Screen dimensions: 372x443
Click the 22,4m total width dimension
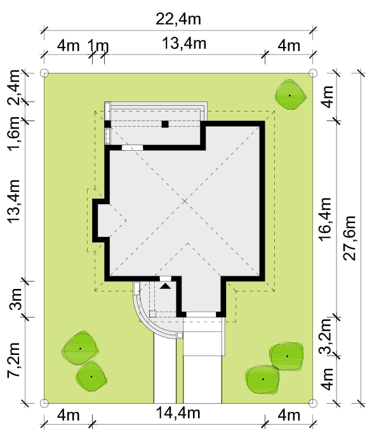178,19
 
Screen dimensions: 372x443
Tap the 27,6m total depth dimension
349,238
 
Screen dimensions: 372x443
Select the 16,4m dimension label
325,219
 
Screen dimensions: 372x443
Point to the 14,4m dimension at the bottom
178,413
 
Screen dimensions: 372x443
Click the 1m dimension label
98,45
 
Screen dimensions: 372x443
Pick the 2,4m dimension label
13,87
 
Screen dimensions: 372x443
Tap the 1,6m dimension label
13,133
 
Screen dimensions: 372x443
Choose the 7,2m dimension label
13,359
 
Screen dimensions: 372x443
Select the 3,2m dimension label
325,336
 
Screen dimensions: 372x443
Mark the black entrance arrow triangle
166,286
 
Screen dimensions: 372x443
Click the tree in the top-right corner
290,95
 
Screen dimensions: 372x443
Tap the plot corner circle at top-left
44,73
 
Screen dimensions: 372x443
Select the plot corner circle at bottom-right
312,403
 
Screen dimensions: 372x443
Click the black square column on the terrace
165,124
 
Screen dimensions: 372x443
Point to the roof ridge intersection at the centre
185,201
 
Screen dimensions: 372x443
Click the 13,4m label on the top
184,44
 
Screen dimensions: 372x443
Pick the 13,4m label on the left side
13,202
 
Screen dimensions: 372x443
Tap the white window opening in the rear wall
132,148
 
